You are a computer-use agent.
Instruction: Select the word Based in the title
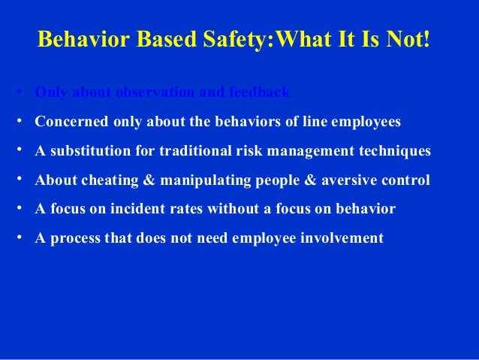coord(166,39)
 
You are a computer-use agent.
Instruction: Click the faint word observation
coord(154,93)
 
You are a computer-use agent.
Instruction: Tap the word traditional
coord(189,151)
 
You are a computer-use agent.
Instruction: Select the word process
coord(74,239)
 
